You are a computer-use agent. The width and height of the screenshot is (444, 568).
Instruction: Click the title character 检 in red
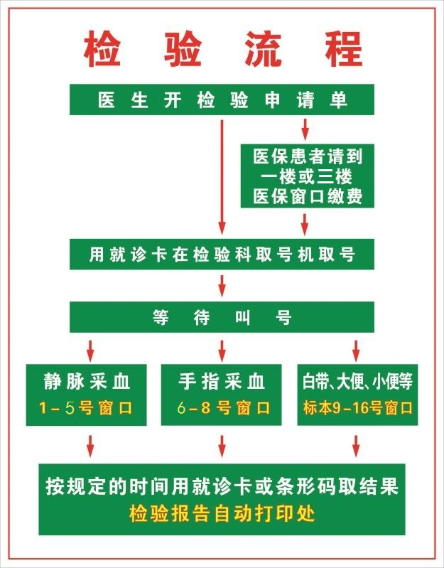click(x=102, y=49)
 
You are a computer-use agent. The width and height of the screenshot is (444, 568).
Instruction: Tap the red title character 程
click(x=344, y=49)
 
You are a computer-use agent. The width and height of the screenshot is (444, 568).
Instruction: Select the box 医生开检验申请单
click(x=222, y=100)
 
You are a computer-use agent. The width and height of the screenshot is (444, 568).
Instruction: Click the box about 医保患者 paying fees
click(x=307, y=176)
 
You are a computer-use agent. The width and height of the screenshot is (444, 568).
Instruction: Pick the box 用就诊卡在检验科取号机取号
click(x=222, y=254)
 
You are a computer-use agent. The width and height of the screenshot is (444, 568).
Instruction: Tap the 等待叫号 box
click(x=222, y=317)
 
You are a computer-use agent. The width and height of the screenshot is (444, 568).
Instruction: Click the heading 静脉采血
click(x=87, y=382)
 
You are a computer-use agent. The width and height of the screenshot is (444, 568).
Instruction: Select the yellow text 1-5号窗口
click(x=86, y=408)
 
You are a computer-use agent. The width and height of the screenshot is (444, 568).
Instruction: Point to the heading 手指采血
click(x=222, y=382)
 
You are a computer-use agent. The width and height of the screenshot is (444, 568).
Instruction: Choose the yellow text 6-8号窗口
click(x=223, y=408)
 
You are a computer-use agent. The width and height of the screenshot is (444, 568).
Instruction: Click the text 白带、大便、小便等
click(x=357, y=382)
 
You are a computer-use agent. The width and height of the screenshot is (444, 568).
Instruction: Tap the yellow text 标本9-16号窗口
click(x=357, y=408)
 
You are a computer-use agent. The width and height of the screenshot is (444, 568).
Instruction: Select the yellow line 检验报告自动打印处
click(x=222, y=513)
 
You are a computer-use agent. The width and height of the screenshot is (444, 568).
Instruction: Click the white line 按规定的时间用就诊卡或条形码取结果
click(x=222, y=486)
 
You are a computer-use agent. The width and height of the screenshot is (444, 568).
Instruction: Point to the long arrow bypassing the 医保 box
click(x=222, y=177)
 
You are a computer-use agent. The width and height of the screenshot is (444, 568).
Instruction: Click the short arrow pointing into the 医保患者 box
click(x=305, y=129)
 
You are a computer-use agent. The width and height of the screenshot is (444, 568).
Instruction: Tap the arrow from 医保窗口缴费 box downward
click(x=305, y=224)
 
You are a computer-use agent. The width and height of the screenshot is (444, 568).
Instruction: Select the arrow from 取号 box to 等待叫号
click(x=222, y=286)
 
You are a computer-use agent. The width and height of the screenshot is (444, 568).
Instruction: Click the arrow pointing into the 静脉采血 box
click(x=90, y=350)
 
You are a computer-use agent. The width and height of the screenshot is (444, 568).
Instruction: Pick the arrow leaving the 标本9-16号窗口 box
click(x=356, y=446)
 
